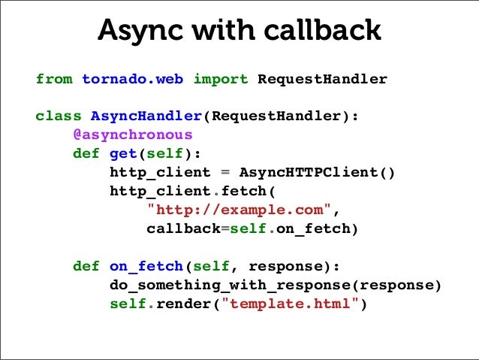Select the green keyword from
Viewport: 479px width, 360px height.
coord(53,78)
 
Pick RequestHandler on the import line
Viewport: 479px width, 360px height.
coord(322,78)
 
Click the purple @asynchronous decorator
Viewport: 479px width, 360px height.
coord(132,135)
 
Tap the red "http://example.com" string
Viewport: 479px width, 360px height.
coord(239,209)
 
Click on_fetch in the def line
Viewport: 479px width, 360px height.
coord(146,266)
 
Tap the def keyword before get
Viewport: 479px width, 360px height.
coord(86,153)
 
